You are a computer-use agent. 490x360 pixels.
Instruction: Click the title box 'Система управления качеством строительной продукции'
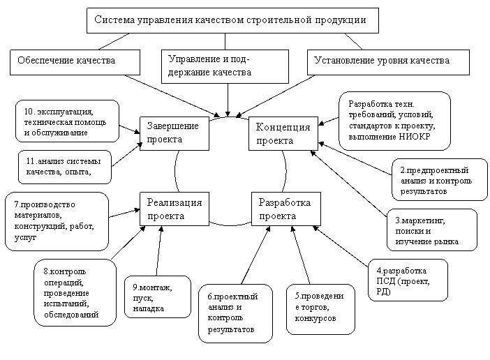(233, 20)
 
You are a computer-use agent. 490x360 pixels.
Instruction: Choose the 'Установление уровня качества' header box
(389, 61)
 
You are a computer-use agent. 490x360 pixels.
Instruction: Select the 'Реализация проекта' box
(175, 209)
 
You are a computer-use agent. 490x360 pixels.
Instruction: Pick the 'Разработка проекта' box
(284, 209)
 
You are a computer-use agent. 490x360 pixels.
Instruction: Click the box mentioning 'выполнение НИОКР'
(394, 120)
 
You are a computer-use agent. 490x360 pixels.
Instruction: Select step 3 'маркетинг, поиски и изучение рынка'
(431, 231)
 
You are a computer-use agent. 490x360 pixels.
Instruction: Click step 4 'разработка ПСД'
(407, 280)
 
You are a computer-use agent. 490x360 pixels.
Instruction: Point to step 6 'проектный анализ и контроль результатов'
(235, 313)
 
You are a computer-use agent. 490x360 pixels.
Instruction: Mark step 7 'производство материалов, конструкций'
(56, 220)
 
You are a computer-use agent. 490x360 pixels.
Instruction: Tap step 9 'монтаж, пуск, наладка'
(157, 297)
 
